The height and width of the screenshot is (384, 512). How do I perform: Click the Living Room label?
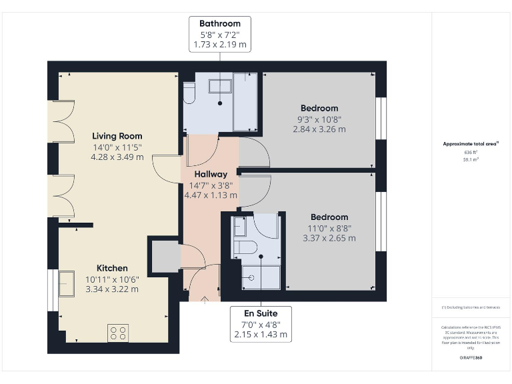tap(117, 136)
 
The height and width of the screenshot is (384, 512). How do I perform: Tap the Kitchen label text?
tap(111, 268)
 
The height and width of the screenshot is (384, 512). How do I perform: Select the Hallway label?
tap(211, 174)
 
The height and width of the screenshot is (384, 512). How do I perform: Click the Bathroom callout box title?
tap(219, 24)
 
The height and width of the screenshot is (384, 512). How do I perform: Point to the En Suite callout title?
tap(260, 313)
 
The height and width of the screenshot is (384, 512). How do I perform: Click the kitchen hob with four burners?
tap(118, 332)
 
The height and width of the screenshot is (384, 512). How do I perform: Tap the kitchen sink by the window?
tap(67, 283)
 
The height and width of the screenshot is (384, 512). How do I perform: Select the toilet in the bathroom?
tap(189, 94)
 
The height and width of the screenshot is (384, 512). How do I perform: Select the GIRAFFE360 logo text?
tap(471, 358)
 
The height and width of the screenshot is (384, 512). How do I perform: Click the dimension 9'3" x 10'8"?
tap(319, 119)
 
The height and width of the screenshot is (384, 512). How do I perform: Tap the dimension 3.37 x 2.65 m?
tap(329, 238)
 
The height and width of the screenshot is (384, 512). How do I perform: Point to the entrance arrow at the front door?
tap(203, 296)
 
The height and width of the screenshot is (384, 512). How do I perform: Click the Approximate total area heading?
tap(471, 144)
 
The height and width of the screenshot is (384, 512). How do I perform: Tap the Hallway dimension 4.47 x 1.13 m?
tap(211, 195)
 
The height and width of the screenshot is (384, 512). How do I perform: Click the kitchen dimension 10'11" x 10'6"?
tap(111, 279)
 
